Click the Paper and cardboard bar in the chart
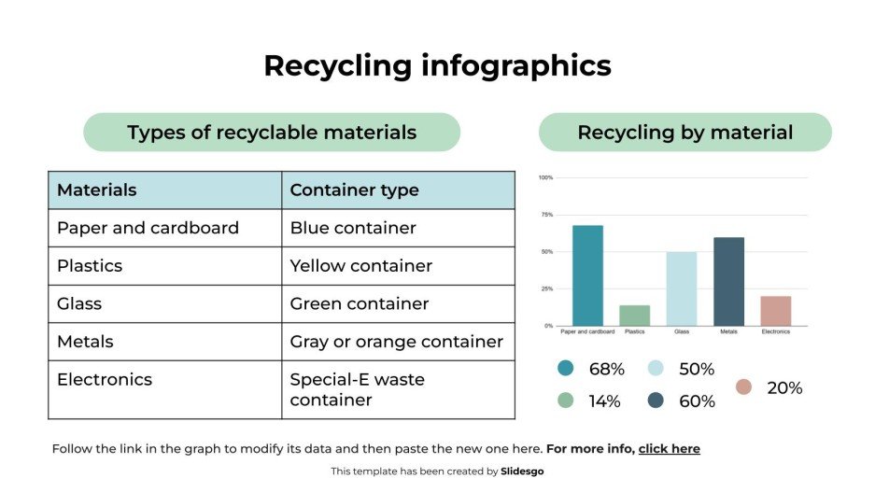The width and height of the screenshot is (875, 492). pos(587,275)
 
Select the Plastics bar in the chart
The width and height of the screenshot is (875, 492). pos(634,316)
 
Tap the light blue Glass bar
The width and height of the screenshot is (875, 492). pos(682,288)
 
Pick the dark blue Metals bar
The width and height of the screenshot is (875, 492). pos(728,281)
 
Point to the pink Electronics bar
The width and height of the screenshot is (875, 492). pos(775,311)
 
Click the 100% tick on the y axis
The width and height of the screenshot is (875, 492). pos(546,177)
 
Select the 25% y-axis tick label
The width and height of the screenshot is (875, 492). pos(546,288)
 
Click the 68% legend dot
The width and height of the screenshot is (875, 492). pos(565,369)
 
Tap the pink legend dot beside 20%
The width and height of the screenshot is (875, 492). pos(743,387)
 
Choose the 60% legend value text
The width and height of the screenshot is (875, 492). pos(697,401)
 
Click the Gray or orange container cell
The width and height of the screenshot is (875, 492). pos(396,342)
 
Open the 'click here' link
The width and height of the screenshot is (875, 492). pos(669,449)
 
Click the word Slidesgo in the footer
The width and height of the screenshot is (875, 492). pos(522,471)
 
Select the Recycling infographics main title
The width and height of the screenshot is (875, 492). pos(437,66)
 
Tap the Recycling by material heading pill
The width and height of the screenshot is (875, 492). pos(684,133)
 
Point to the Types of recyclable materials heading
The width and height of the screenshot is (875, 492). pos(272,133)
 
